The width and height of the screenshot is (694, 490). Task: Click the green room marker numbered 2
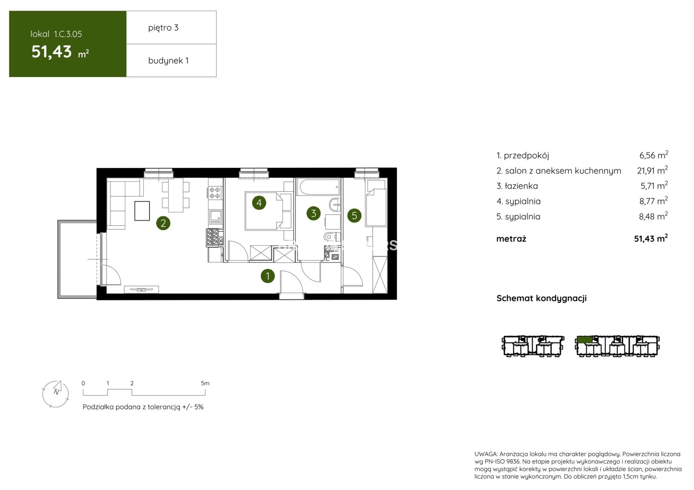click(163, 223)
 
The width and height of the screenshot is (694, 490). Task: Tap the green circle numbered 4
click(259, 203)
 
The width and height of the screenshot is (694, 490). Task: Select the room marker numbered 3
click(314, 213)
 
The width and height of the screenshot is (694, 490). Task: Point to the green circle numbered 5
click(354, 215)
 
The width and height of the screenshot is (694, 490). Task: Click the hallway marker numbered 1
click(267, 276)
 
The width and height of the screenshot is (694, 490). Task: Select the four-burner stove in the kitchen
click(215, 192)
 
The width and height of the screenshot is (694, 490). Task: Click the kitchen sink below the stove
click(215, 216)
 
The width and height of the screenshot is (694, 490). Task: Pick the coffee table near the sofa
click(142, 211)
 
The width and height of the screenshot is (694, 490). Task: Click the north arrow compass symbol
click(55, 394)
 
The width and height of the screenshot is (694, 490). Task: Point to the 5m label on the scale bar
click(205, 383)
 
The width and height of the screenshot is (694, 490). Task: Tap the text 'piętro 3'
click(163, 28)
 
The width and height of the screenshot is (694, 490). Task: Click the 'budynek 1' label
click(168, 60)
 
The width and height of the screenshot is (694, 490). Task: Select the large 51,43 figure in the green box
click(51, 51)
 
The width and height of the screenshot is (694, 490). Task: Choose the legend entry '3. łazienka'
click(517, 186)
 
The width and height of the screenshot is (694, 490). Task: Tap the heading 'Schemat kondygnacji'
click(541, 298)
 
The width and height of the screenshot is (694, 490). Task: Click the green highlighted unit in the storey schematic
click(585, 339)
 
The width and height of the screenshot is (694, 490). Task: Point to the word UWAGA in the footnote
click(485, 454)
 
